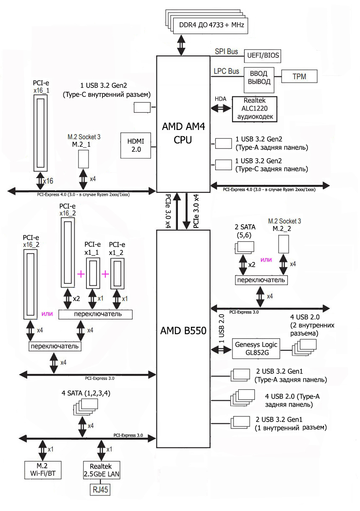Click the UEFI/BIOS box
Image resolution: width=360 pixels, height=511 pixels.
coord(262,56)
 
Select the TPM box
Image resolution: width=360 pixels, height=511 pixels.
coord(299,76)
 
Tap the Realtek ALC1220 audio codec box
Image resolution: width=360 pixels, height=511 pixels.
coord(255,109)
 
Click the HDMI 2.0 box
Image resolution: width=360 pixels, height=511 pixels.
coord(136,145)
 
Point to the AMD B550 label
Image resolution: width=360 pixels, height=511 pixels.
coord(183,331)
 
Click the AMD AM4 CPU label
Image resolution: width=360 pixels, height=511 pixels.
coord(183,133)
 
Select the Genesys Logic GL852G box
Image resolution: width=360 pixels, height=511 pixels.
coord(256,349)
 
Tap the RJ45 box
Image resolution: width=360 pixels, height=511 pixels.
coord(100,490)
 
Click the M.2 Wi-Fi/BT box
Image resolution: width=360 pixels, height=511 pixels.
coord(43,470)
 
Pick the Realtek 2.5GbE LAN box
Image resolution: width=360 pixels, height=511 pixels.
coord(102,470)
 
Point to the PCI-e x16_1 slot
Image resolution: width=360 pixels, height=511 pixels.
coord(40,133)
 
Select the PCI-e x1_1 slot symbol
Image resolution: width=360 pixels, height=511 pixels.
coord(93,273)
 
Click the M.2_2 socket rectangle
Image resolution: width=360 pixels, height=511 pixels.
coord(284,244)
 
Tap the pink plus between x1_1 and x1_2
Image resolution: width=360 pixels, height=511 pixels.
coord(105,274)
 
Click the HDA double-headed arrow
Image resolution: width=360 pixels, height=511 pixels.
coord(221,108)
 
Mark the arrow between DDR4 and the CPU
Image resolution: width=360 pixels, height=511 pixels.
coord(182,45)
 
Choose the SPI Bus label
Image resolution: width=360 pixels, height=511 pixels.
coord(226,52)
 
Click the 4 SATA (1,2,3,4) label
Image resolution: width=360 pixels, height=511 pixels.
coord(86,393)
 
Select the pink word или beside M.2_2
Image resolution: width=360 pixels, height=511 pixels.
coord(266,259)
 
